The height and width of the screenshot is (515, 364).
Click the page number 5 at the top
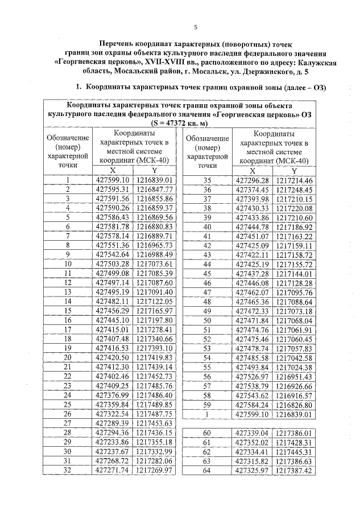tap(195, 27)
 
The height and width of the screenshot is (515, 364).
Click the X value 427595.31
tap(113, 189)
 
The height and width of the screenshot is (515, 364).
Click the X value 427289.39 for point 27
tap(113, 423)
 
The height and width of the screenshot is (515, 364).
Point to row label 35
tap(207, 181)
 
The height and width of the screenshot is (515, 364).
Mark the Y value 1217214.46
tap(294, 181)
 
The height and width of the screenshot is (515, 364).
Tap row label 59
tap(207, 405)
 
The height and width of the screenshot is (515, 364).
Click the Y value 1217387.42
tap(294, 471)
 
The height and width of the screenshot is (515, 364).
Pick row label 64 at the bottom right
tap(207, 471)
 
